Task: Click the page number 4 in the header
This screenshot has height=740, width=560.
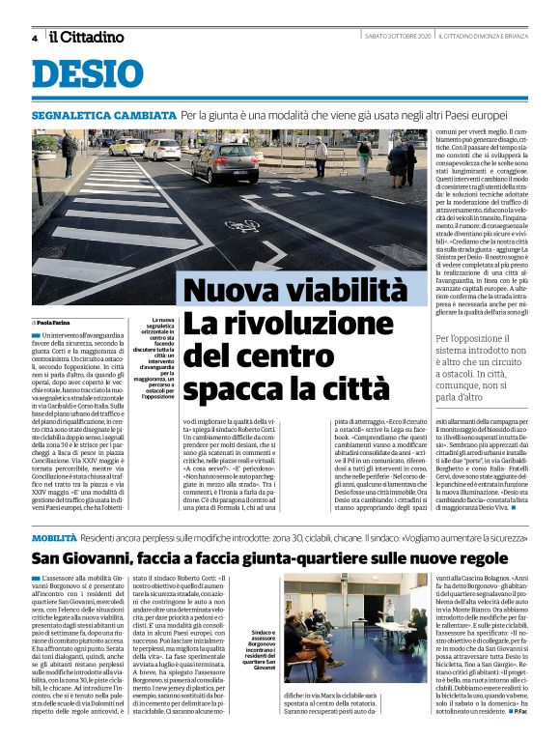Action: pyautogui.click(x=34, y=38)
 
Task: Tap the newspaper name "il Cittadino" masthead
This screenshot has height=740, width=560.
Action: pyautogui.click(x=87, y=37)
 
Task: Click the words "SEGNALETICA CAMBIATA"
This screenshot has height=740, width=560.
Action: pyautogui.click(x=103, y=114)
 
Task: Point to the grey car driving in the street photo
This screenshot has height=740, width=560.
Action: pyautogui.click(x=224, y=161)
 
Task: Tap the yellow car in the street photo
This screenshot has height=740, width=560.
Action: pyautogui.click(x=126, y=147)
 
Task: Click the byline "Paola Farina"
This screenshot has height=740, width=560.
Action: pyautogui.click(x=58, y=322)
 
